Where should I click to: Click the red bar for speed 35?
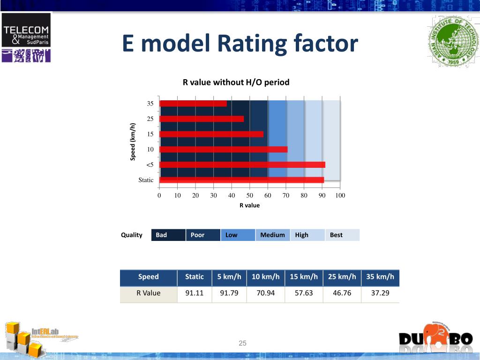(193, 104)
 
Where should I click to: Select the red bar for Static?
(241, 180)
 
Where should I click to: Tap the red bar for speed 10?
(223, 150)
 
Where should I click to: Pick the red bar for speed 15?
(211, 134)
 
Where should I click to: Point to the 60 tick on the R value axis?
(268, 195)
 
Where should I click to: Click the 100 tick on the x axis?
(340, 195)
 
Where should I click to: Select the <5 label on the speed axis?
(150, 165)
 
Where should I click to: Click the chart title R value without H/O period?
(236, 82)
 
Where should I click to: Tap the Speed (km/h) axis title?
(133, 142)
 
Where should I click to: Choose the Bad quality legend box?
(168, 235)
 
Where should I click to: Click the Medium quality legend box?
(273, 235)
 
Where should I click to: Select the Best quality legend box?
(342, 235)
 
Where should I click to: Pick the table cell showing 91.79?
(229, 293)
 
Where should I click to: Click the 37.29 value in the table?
(380, 293)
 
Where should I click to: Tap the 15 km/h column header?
(304, 277)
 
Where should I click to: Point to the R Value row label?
(149, 293)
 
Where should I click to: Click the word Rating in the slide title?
(253, 44)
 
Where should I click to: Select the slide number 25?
(242, 344)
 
